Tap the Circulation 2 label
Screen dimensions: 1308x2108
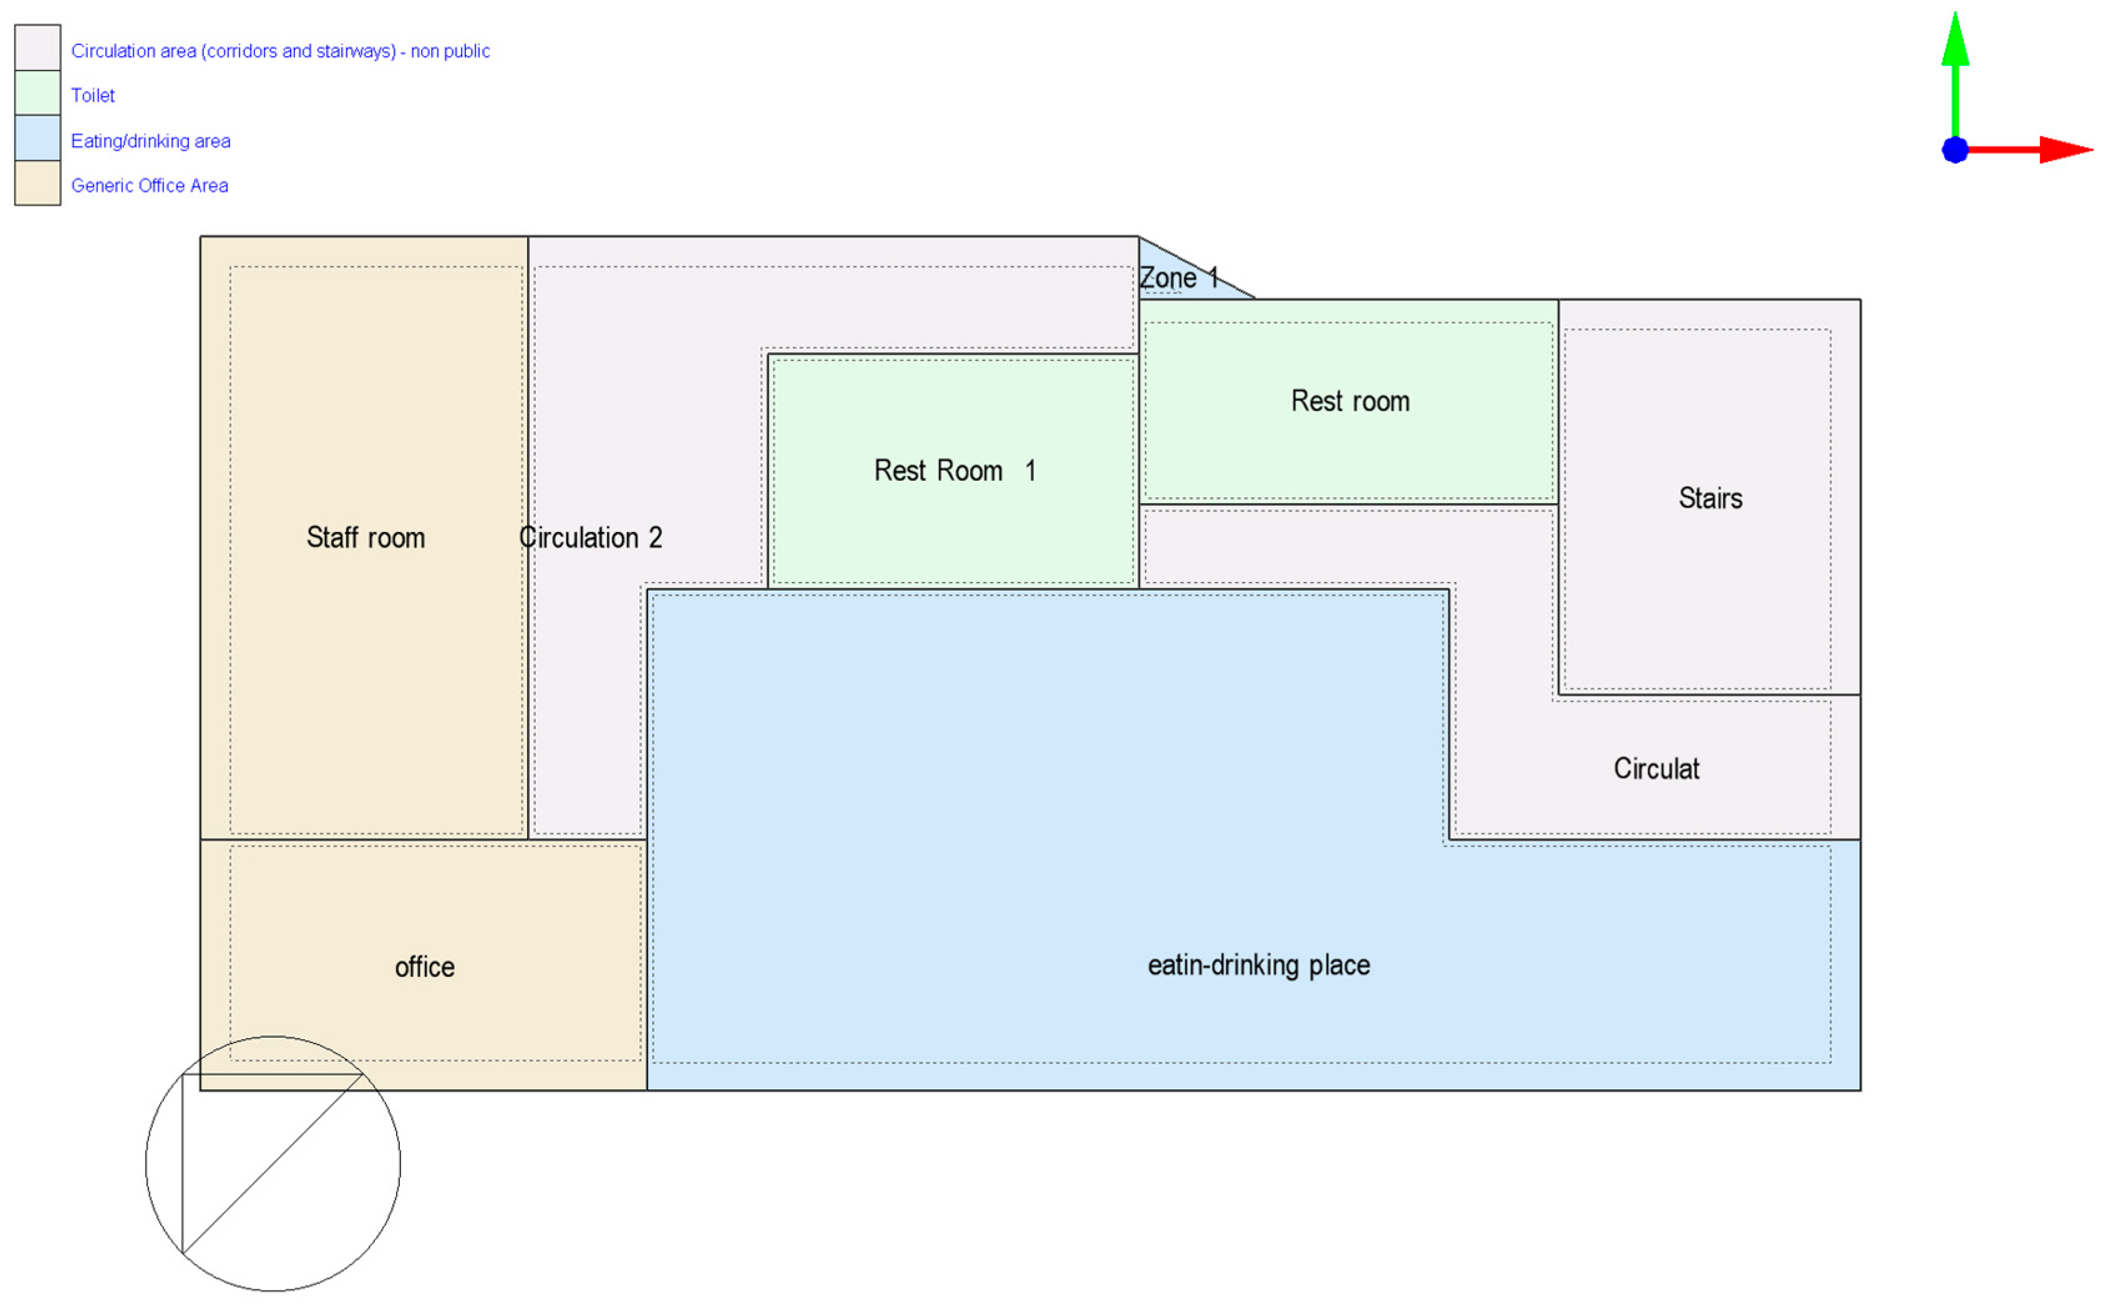click(x=591, y=537)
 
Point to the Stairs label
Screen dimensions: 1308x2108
click(x=1709, y=498)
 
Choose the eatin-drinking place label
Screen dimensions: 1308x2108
click(x=1258, y=964)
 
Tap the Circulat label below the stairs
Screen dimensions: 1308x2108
click(x=1656, y=768)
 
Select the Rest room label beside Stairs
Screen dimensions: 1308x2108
click(x=1349, y=400)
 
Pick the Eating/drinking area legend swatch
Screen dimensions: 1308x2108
click(x=38, y=138)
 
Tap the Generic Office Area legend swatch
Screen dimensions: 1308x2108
click(x=38, y=183)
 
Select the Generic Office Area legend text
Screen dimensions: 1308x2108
click(x=150, y=185)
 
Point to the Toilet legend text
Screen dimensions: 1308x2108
click(x=92, y=95)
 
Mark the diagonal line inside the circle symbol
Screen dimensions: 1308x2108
click(x=273, y=1163)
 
